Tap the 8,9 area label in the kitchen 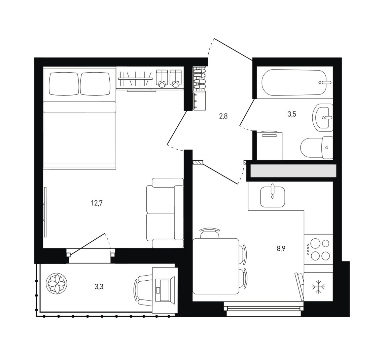pos(281,249)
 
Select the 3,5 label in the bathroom pos(292,114)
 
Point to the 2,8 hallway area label pos(223,116)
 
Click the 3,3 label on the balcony pos(99,286)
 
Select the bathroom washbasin pos(323,117)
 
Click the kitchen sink pos(272,196)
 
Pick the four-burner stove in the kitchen pos(318,249)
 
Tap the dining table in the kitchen pos(216,266)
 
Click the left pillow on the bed pos(64,84)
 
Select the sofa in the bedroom pos(165,213)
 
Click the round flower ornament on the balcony pos(57,284)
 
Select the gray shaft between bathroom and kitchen pos(293,171)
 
